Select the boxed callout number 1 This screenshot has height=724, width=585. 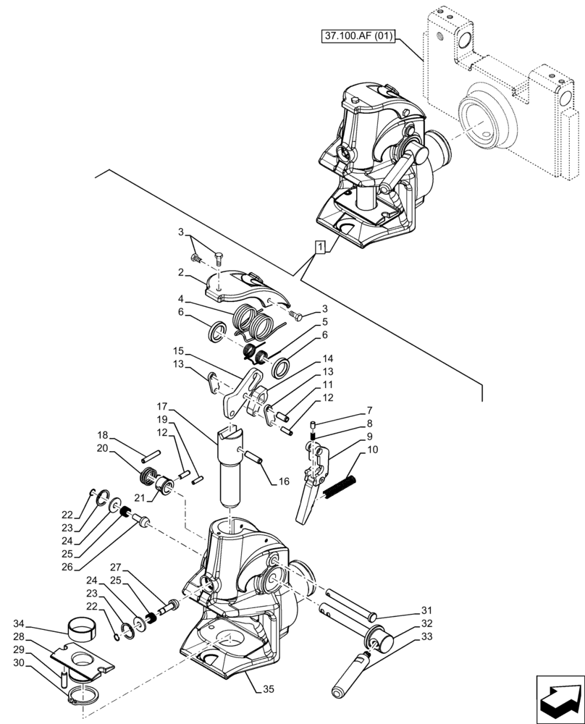click(x=320, y=248)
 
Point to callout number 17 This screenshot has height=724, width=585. click(x=161, y=407)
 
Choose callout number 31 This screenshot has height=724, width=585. click(x=426, y=610)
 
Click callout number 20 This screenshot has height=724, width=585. click(x=102, y=449)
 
